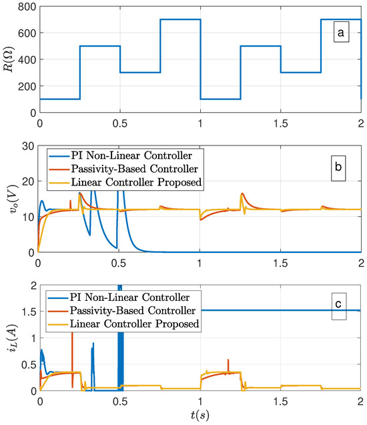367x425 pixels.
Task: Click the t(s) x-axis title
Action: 200,417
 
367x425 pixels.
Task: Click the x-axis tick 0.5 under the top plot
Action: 119,124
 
